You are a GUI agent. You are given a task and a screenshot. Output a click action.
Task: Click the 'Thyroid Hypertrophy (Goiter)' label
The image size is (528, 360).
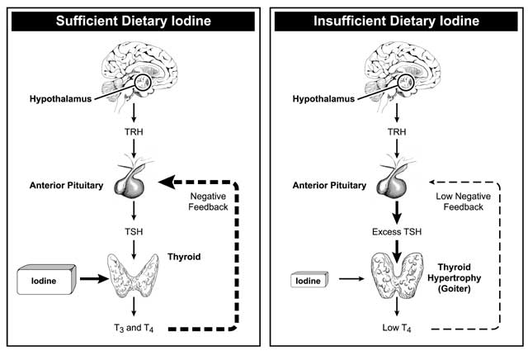[x=455, y=282]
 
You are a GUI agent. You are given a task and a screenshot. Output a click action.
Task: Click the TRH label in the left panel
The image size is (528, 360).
[x=132, y=131]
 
